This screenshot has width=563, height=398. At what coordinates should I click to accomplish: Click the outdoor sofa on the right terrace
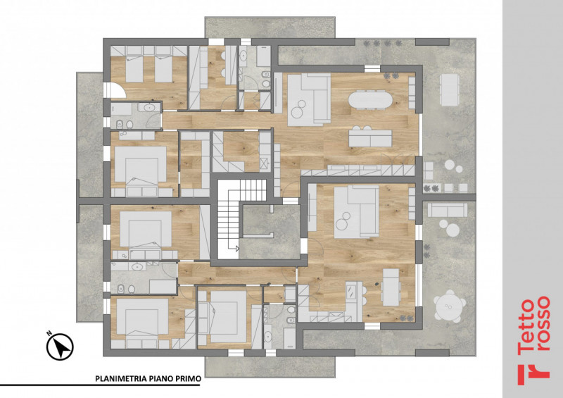[x=448, y=210]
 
